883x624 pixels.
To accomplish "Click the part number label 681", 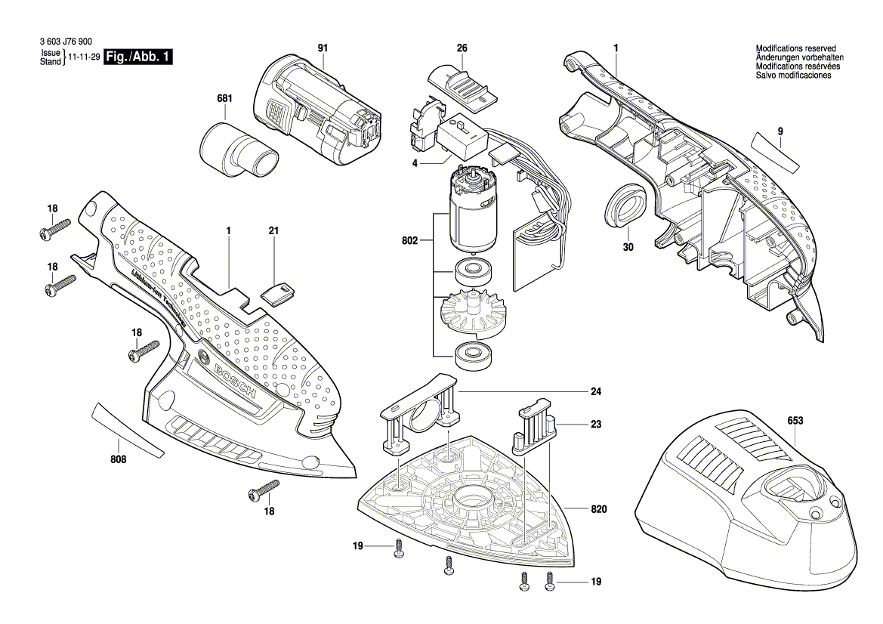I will pyautogui.click(x=224, y=99).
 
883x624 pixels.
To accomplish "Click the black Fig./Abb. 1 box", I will pyautogui.click(x=138, y=57).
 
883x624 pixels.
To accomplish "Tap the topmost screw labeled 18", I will pyautogui.click(x=54, y=229).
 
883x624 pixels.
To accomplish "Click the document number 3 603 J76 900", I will pyautogui.click(x=65, y=43).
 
